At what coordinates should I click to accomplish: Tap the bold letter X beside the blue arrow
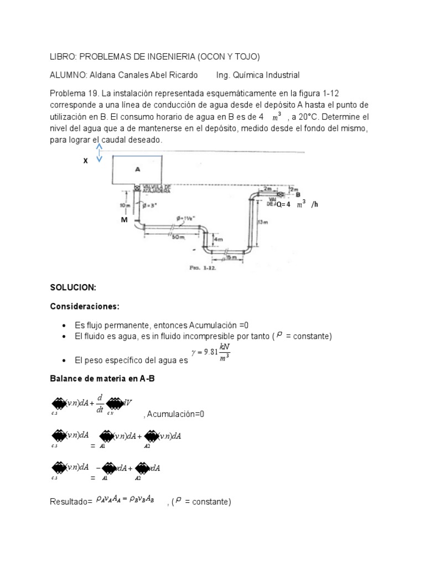point(86,161)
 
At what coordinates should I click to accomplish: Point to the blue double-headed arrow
point(100,153)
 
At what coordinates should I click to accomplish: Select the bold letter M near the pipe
point(125,220)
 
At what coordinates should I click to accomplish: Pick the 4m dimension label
point(219,239)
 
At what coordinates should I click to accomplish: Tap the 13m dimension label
point(263,222)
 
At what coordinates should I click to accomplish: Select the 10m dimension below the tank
point(123,205)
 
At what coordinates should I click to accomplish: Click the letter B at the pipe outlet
point(298,195)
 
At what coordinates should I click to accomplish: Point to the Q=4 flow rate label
point(283,204)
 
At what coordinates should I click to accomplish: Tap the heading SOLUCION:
point(73,288)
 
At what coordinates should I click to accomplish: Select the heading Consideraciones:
point(85,306)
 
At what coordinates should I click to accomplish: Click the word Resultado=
point(71,502)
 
